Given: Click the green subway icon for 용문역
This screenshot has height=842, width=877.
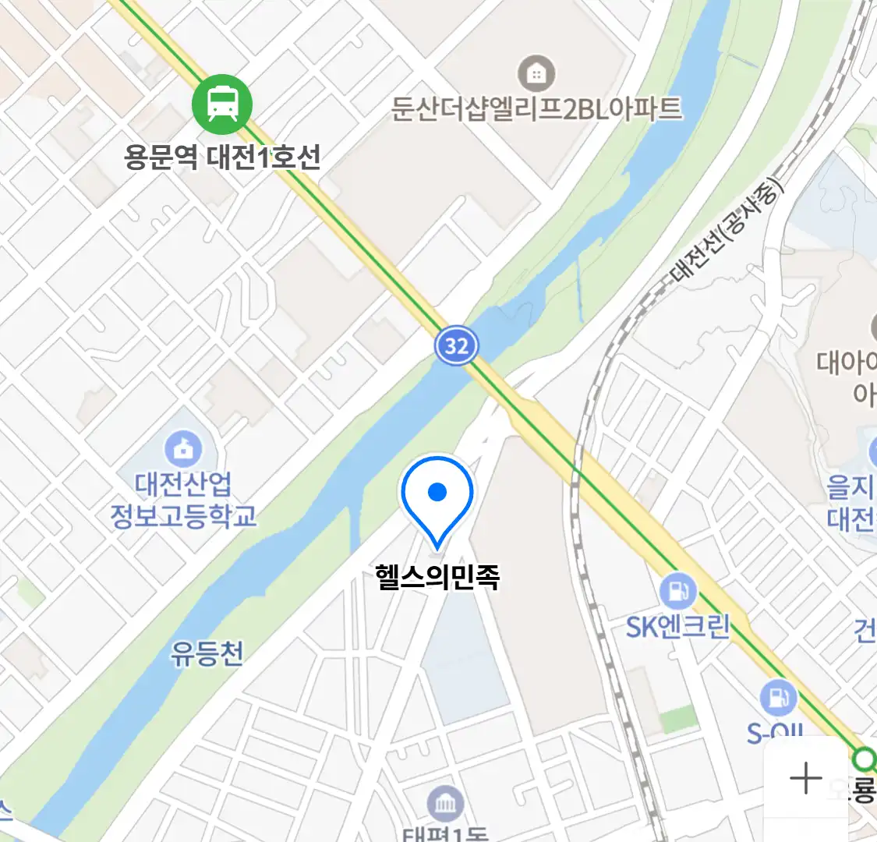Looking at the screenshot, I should (222, 104).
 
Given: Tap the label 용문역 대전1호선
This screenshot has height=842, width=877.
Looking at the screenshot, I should (222, 157).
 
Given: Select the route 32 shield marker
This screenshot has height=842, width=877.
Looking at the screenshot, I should (456, 345).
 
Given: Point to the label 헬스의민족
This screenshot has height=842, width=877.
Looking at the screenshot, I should (437, 577).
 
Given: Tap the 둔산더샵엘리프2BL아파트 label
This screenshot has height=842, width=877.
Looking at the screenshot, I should (536, 108).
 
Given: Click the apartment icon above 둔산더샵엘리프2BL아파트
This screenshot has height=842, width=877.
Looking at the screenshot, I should (536, 74).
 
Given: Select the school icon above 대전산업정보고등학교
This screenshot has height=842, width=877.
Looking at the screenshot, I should (183, 449).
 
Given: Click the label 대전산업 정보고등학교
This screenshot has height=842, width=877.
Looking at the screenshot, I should (183, 499).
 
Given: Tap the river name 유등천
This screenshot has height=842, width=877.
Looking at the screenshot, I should (207, 653).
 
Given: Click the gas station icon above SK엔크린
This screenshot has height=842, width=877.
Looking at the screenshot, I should (677, 592).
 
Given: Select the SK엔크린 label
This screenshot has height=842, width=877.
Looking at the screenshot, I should (677, 626).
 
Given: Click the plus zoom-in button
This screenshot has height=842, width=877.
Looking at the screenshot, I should (805, 778).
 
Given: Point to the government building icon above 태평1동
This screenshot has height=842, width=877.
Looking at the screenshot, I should (445, 804).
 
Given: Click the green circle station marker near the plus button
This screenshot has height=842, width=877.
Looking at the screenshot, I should (863, 759).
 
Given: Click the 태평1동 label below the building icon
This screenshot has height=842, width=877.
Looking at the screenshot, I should (445, 834).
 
